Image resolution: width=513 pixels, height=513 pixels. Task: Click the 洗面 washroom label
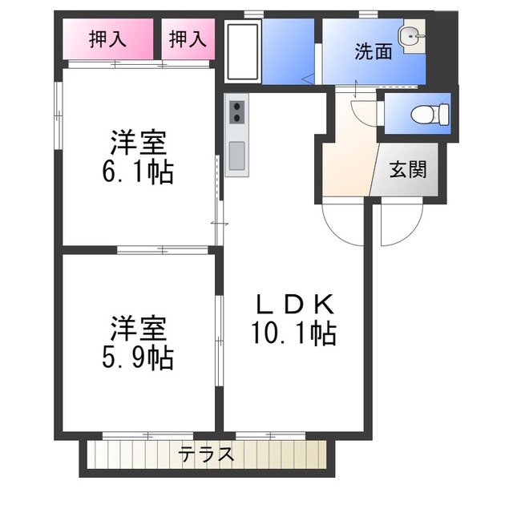point(374,52)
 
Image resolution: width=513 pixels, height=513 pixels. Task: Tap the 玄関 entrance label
point(409,170)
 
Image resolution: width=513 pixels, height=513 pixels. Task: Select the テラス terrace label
point(207,454)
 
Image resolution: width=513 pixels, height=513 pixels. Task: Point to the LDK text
point(294,305)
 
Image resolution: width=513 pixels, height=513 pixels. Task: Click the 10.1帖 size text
point(295,333)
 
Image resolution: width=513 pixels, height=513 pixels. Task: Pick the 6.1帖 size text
point(139,173)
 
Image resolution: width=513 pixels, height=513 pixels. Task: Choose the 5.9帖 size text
point(139,357)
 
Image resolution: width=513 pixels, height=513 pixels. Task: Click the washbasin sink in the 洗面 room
point(412,34)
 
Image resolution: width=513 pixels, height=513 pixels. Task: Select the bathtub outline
point(242,51)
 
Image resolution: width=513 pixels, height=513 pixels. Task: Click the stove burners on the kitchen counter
point(237,112)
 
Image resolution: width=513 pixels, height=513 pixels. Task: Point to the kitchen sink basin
point(237,156)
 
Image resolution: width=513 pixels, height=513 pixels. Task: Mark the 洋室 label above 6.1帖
point(139,144)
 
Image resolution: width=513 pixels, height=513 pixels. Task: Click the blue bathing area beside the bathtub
point(289,50)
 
